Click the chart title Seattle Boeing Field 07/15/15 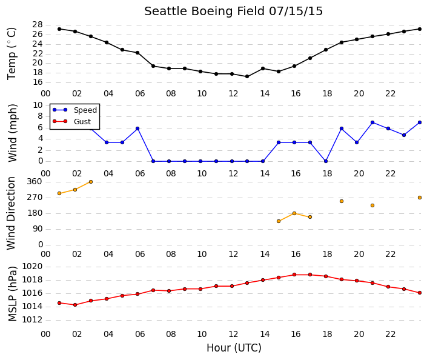tap(233, 12)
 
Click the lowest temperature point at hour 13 tap(247, 76)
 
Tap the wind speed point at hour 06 tap(137, 128)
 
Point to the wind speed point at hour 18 tap(326, 161)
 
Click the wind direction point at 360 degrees tap(91, 182)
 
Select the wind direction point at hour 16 tap(294, 213)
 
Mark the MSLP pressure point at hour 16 tap(294, 275)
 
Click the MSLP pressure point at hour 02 tap(75, 305)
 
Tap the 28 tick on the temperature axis tap(38, 25)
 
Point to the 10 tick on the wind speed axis tap(38, 105)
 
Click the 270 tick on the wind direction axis tap(35, 198)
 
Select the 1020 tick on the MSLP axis tap(32, 266)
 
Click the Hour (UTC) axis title tap(234, 348)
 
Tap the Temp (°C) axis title tap(12, 54)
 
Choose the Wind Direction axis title tap(11, 213)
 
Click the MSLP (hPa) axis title tap(12, 294)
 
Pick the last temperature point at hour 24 tap(420, 29)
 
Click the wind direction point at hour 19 tap(342, 201)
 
